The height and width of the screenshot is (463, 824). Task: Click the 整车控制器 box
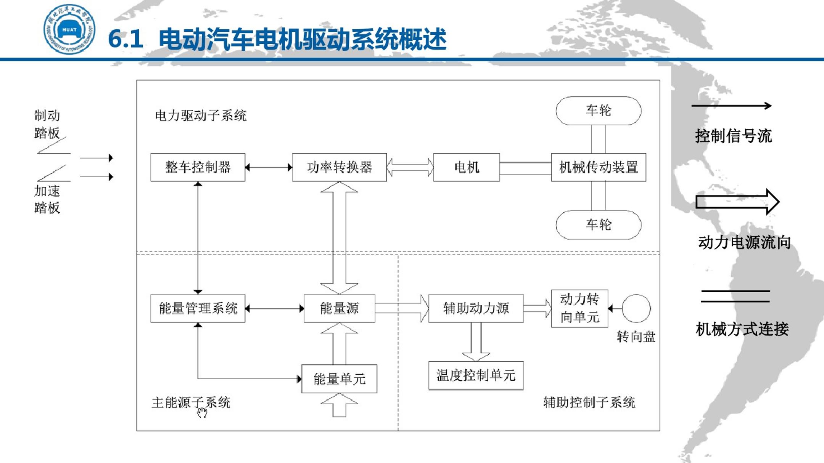[x=198, y=167]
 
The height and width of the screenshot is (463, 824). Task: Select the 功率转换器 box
[x=339, y=167]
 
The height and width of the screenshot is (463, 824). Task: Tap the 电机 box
[x=466, y=167]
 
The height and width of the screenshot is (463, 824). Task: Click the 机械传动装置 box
[x=598, y=167]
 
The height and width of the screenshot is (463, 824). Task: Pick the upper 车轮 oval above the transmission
[x=598, y=111]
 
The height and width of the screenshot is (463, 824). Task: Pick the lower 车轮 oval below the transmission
[x=598, y=225]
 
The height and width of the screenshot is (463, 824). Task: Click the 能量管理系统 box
[x=198, y=308]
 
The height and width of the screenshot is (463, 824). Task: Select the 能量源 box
[x=339, y=308]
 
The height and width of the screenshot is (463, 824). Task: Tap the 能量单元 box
[x=339, y=379]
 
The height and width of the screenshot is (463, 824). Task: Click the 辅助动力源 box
[x=476, y=308]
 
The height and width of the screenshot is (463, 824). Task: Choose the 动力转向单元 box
[x=579, y=308]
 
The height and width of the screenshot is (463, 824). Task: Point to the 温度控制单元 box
[x=476, y=375]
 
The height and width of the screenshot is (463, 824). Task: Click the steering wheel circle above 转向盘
[x=636, y=308]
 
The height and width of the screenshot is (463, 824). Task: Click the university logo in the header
[x=69, y=29]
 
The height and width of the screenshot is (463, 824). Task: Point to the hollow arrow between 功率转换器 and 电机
[x=410, y=167]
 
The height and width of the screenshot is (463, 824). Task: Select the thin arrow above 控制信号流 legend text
[x=731, y=106]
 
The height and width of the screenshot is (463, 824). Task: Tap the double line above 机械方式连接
[x=735, y=296]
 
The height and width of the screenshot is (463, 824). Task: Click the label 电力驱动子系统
[x=201, y=115]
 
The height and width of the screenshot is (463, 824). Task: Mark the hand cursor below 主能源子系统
[x=202, y=413]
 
